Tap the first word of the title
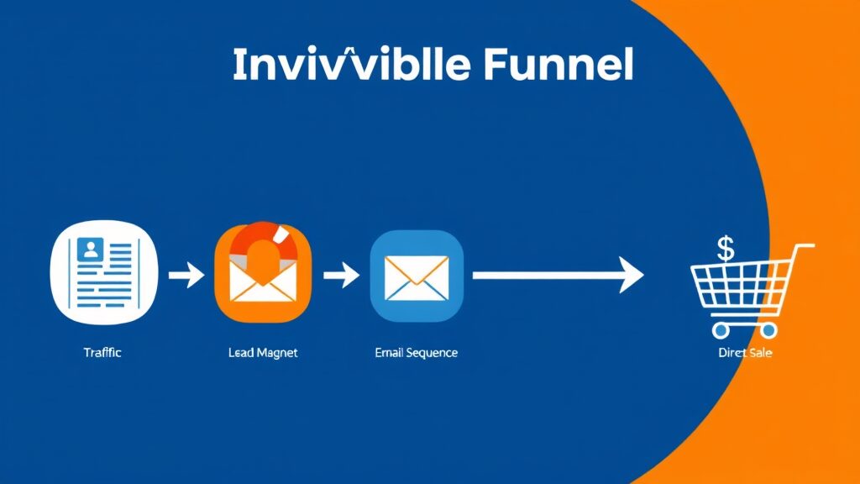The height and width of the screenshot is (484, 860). click(x=352, y=66)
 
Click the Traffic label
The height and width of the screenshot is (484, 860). click(x=102, y=353)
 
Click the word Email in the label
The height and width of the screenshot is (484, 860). click(x=388, y=353)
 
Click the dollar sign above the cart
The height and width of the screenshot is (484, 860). click(x=726, y=248)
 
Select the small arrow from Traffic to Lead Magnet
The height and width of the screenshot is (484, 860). click(x=186, y=275)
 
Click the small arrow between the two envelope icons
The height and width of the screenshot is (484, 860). click(x=341, y=275)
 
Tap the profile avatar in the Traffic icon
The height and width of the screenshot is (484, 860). click(x=89, y=249)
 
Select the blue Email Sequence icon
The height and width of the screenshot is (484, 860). click(x=417, y=275)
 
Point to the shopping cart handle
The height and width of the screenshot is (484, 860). click(x=804, y=246)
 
